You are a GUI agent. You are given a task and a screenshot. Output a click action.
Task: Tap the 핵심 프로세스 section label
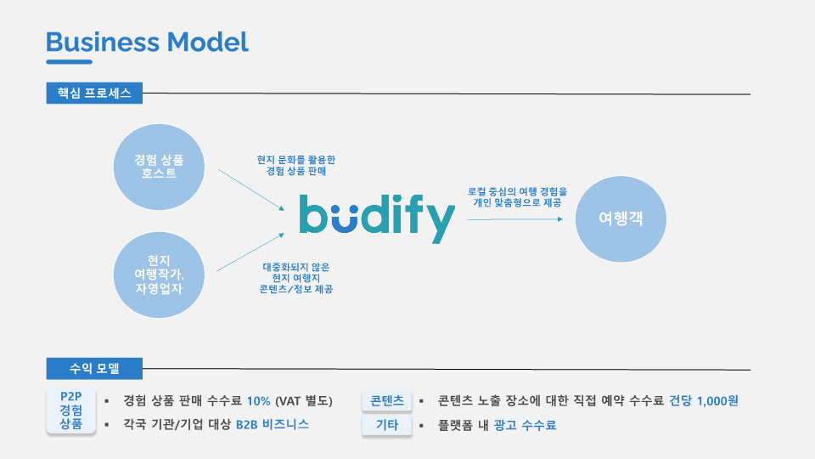94,93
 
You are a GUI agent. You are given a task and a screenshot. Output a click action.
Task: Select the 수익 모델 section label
94,369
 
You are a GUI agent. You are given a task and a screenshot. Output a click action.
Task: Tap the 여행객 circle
621,218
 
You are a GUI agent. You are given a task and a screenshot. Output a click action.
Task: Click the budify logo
377,218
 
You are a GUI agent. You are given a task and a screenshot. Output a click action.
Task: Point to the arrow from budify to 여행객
515,219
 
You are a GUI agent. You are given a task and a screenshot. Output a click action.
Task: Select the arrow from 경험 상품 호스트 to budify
250,190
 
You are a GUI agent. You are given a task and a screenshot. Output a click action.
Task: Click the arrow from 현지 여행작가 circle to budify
250,252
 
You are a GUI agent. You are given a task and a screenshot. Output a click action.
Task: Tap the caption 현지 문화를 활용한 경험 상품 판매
296,165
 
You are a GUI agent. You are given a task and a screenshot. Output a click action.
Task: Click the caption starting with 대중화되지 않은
296,278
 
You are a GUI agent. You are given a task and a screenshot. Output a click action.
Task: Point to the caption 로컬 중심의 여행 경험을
517,197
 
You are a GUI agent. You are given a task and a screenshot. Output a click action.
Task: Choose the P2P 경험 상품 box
70,411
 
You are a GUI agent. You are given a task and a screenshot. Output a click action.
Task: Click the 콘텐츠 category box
387,400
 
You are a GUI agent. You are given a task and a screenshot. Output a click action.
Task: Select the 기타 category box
387,425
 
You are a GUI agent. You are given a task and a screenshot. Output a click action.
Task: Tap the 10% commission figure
259,400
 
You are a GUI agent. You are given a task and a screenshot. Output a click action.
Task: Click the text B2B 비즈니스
272,424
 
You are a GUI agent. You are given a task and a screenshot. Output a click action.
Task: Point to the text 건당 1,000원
704,400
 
